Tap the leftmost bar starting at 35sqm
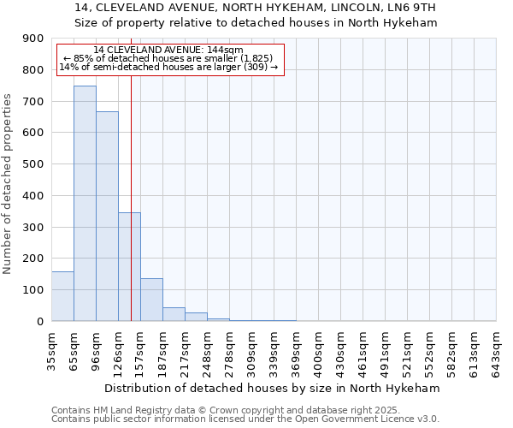[x=62, y=296]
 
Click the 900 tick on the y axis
[x=33, y=39]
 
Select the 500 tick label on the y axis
[x=33, y=164]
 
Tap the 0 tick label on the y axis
[x=39, y=322]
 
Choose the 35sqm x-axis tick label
[x=52, y=348]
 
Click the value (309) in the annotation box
[x=256, y=67]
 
